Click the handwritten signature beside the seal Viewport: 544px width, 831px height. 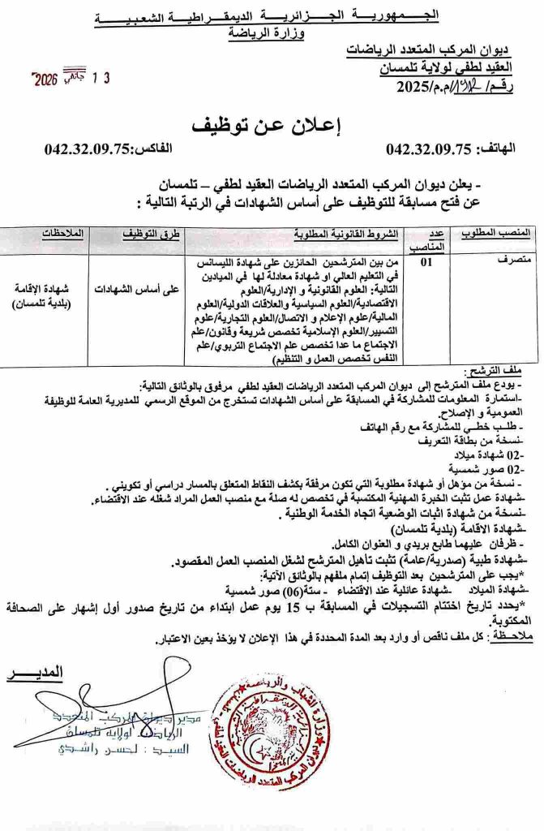(x=122, y=714)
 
